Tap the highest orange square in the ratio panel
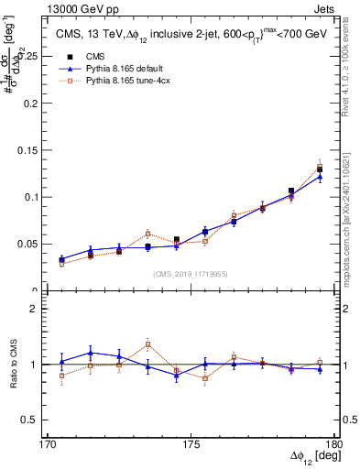(x=147, y=344)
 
